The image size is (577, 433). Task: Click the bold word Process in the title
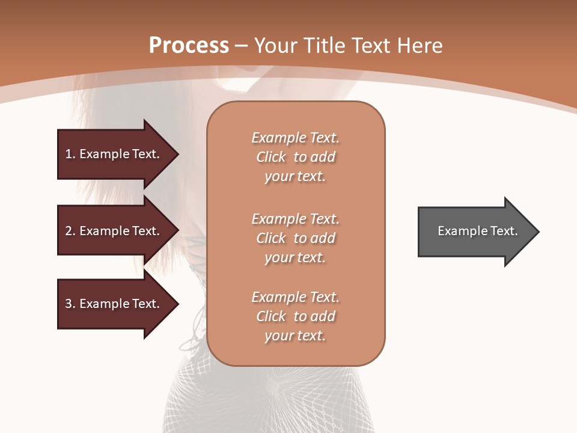[189, 46]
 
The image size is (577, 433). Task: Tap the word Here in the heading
[420, 46]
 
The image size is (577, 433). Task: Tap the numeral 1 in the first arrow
[69, 154]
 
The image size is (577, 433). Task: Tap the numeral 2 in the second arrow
[69, 231]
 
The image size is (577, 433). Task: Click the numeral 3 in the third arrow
[69, 304]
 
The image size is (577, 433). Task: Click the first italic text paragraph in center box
[295, 157]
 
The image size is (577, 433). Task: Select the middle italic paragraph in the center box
[295, 238]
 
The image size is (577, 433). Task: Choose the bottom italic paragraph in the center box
[295, 316]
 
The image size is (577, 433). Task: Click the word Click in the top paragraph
[271, 158]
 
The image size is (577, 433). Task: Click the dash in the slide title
[242, 46]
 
